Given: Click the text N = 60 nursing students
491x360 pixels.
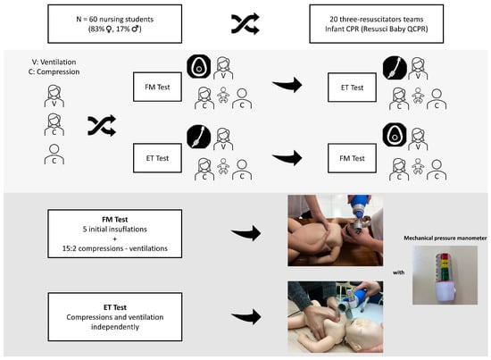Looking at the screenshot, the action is [x=115, y=19].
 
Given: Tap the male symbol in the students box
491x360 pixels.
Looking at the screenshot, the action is [x=136, y=29].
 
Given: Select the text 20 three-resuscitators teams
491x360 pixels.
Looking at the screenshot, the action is [x=377, y=19].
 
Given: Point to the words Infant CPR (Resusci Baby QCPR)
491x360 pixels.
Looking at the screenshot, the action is [x=377, y=29].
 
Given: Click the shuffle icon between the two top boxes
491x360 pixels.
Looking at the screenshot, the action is [x=245, y=23].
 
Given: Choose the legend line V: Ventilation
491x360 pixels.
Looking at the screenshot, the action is [x=54, y=62].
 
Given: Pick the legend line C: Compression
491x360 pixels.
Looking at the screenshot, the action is [x=54, y=71].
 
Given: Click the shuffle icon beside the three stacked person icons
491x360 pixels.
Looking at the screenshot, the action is [x=102, y=126].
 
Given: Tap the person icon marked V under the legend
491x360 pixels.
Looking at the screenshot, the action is [x=54, y=96].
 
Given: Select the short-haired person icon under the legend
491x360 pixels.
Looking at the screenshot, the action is [x=54, y=155].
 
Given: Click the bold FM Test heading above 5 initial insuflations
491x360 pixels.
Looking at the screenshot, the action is [x=115, y=220].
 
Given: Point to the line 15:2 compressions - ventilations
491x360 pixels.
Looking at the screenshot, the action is [x=115, y=248].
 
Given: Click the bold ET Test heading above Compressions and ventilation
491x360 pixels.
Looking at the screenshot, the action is [x=115, y=307].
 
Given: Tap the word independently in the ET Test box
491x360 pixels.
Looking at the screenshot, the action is [x=115, y=327].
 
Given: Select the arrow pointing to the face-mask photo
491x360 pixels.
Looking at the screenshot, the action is [x=246, y=233].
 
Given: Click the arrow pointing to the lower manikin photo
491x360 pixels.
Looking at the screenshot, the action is [x=246, y=316].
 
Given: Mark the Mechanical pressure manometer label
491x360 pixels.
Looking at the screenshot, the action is [x=445, y=239].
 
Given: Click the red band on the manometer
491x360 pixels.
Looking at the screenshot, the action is [x=445, y=256].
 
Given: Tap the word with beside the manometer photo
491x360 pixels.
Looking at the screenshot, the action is [x=399, y=272].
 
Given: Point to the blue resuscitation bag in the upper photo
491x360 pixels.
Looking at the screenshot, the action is [x=359, y=205].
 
